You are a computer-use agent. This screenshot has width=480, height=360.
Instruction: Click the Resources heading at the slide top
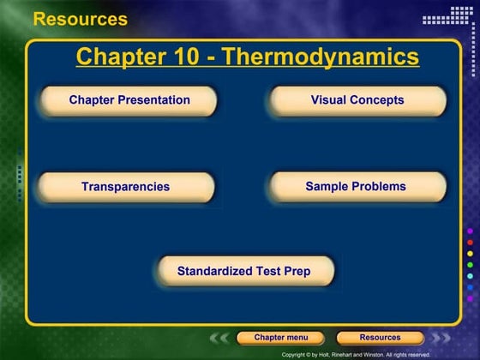[80, 19]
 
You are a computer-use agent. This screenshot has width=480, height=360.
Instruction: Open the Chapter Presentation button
[129, 100]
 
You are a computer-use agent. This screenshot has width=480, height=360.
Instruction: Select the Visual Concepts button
[357, 100]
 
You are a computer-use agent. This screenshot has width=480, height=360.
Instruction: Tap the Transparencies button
[125, 186]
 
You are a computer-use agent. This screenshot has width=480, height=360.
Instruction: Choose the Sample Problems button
[356, 186]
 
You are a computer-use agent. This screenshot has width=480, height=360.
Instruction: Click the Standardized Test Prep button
[243, 272]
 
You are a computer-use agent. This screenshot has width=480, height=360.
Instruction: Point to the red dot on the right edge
[469, 243]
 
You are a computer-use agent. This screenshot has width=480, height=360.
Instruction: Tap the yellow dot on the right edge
[469, 254]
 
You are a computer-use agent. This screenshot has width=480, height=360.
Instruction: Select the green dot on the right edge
[469, 265]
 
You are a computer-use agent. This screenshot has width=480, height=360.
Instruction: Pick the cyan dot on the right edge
[469, 276]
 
